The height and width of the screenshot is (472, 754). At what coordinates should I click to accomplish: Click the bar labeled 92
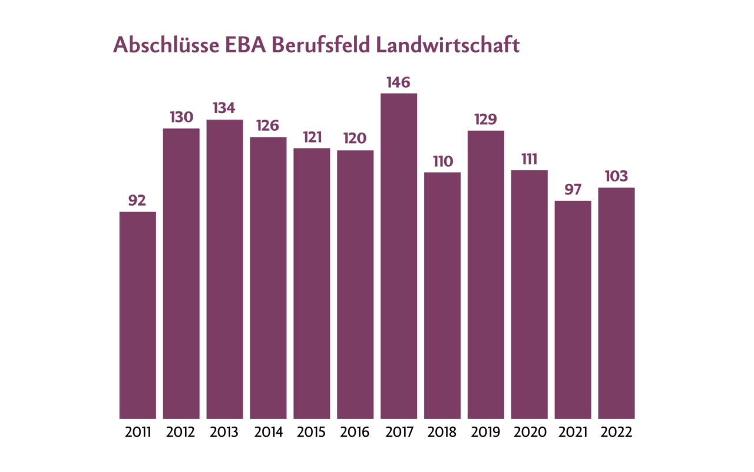pos(138,315)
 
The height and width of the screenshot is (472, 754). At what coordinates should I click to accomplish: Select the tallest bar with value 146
pos(399,256)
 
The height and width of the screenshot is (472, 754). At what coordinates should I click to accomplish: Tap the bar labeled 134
pos(224,269)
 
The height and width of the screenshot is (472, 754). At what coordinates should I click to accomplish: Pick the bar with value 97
pos(573,310)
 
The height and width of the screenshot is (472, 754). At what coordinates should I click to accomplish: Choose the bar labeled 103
pos(616,303)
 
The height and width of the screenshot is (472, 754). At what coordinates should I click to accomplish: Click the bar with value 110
pos(442,296)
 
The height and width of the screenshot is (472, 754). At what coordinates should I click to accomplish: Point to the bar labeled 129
pos(486,275)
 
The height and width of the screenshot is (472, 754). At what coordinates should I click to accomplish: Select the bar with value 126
pos(268,278)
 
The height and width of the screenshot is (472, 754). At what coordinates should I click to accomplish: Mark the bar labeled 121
pos(312,283)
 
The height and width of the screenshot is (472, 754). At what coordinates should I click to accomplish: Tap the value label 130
pos(181,117)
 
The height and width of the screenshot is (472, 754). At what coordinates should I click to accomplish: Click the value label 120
pos(355,138)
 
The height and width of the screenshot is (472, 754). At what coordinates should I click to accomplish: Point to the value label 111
pos(530,159)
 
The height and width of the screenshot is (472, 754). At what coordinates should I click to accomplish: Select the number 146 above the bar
pos(399,82)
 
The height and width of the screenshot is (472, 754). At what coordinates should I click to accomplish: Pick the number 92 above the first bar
pos(137,201)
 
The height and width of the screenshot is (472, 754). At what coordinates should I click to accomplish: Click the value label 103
pos(616,176)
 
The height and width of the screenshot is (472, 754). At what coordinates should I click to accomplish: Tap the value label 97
pos(573,190)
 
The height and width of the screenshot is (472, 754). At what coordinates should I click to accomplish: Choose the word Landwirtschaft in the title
pos(447,45)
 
